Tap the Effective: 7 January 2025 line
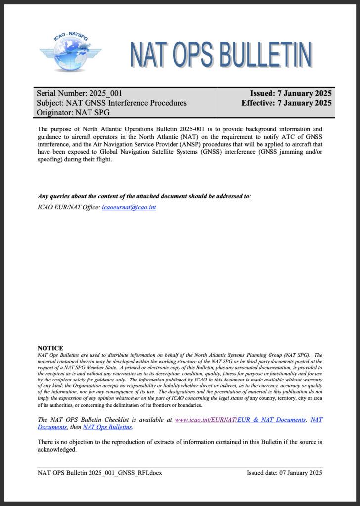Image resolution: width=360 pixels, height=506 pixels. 286,103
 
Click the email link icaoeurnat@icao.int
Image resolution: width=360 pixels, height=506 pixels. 129,207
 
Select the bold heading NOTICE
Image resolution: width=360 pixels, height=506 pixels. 50,348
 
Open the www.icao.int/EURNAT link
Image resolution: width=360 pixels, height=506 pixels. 206,420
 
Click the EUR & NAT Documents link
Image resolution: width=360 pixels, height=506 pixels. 271,420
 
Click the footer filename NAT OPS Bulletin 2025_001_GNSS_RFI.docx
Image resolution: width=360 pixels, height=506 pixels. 100,473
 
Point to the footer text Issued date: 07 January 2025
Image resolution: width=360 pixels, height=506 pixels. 284,473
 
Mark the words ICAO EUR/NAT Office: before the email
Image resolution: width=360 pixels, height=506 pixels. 68,207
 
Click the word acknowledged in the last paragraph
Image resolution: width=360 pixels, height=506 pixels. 57,450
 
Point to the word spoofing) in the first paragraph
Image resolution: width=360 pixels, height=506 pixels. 52,161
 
